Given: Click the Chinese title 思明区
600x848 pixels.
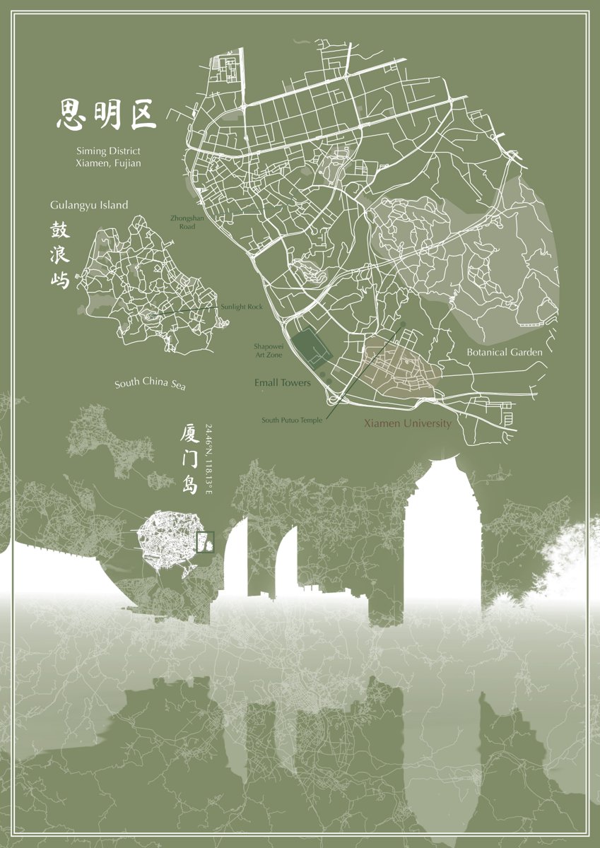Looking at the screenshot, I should coord(106,114).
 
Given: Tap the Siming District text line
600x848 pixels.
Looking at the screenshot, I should coord(108,151).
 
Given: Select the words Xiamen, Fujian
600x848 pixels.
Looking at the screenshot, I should coord(108,163).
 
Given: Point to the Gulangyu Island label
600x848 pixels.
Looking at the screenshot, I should coord(89,205).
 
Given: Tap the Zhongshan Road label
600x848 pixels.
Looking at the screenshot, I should coord(187,223).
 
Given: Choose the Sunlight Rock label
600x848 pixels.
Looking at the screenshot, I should coord(241,307).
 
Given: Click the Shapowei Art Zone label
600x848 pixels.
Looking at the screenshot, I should coord(269,351).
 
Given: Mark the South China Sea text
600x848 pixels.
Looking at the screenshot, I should coord(151,384).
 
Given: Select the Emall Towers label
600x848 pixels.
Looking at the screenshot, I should coord(282,382).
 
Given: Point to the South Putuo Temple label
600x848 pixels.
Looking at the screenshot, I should coord(292,420).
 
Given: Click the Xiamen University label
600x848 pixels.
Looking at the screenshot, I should coord(407,423).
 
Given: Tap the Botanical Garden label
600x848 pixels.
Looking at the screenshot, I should coord(505,351).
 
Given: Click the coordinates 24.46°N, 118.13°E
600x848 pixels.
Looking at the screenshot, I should coord(208,459).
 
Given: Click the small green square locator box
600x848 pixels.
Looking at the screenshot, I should coord(204,542).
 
